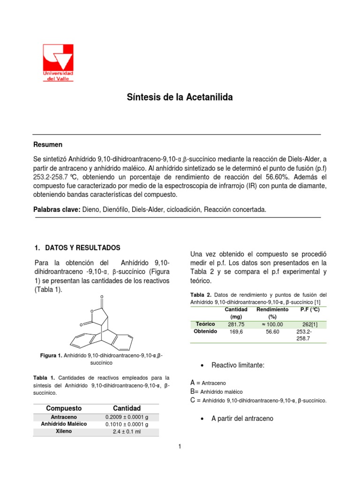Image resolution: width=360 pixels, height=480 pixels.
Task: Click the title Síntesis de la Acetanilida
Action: click(x=180, y=97)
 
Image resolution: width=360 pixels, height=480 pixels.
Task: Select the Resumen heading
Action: click(x=48, y=144)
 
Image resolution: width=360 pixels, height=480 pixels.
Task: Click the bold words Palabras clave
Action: click(x=57, y=210)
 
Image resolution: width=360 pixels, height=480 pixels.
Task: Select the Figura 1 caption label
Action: click(x=51, y=356)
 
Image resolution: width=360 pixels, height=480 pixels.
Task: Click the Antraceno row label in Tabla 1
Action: click(x=64, y=417)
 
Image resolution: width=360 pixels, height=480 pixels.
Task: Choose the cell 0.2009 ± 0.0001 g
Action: click(x=127, y=417)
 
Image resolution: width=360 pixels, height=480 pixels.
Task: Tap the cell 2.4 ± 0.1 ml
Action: click(x=127, y=431)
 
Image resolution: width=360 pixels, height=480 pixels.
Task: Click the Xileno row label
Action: click(x=64, y=431)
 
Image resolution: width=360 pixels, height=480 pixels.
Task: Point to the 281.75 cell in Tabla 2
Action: click(x=236, y=324)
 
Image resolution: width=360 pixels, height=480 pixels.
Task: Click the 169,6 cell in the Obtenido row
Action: click(x=236, y=331)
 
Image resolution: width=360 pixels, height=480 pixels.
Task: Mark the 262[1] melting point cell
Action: click(x=310, y=324)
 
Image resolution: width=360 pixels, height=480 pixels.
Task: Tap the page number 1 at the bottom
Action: click(x=180, y=447)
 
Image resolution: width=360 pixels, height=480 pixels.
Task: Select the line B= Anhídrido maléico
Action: click(x=217, y=391)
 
